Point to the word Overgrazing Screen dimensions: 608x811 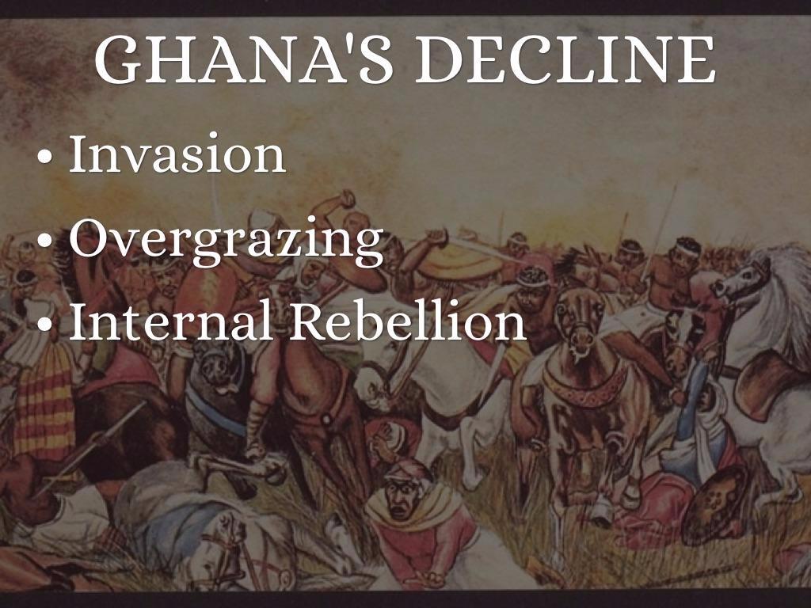pyautogui.click(x=226, y=240)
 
